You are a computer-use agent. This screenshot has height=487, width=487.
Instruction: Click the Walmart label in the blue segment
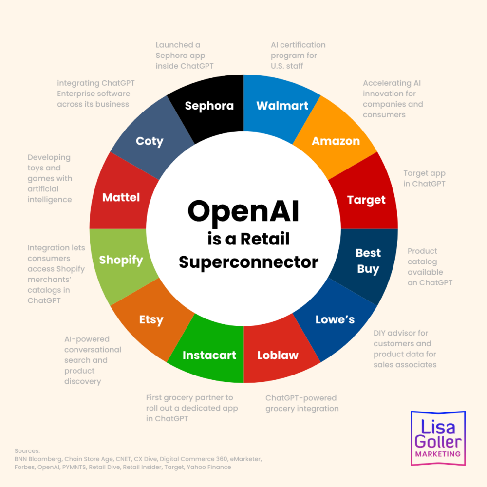click(282, 106)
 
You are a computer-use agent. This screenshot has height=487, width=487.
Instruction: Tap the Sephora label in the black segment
click(209, 106)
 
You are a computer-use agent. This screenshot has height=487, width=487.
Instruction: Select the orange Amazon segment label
click(336, 141)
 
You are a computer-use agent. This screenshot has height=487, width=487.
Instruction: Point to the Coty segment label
click(150, 141)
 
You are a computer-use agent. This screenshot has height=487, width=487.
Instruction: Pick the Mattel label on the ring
click(121, 197)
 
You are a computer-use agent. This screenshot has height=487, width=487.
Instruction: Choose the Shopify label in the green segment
click(121, 260)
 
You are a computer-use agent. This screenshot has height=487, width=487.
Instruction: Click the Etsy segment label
click(151, 319)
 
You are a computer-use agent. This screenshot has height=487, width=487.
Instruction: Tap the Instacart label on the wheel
click(209, 355)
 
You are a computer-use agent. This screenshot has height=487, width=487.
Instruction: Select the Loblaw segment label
click(278, 355)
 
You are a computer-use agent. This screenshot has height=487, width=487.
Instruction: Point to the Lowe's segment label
click(335, 319)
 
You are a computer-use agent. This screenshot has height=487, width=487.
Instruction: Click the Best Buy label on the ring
click(368, 261)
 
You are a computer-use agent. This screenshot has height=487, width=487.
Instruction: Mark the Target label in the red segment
click(366, 200)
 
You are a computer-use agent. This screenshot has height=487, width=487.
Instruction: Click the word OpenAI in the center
click(243, 211)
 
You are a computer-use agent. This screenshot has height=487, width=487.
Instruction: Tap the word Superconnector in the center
click(248, 262)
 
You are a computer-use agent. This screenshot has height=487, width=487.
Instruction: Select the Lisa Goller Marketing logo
click(438, 438)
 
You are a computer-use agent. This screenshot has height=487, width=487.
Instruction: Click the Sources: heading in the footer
click(27, 450)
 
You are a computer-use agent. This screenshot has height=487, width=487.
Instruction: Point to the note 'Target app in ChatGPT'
click(424, 179)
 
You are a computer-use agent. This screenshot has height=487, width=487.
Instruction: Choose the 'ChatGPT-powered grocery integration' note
click(302, 403)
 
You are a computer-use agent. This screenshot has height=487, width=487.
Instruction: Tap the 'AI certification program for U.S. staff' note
click(298, 56)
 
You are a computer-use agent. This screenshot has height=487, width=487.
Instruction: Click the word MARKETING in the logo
click(438, 454)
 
